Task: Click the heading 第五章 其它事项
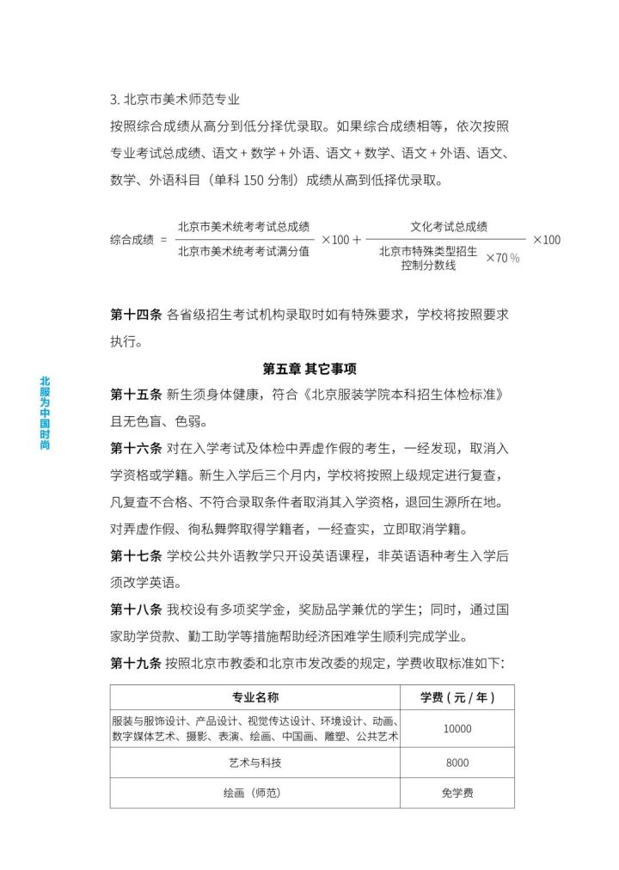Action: [309, 368]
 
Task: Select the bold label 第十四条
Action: [136, 315]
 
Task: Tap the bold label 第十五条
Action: [136, 395]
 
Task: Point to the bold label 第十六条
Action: [136, 448]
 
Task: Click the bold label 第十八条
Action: [136, 610]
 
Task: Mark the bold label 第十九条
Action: [136, 663]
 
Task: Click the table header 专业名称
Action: [256, 696]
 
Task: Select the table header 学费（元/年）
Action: [457, 696]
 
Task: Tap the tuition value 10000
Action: [457, 729]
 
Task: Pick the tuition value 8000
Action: [457, 763]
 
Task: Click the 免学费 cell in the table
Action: [457, 793]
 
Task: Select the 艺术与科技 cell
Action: [256, 763]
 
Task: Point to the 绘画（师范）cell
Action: [256, 793]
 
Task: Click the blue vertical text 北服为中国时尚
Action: [46, 414]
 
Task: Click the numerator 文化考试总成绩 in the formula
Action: [449, 227]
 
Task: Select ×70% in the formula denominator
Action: [502, 258]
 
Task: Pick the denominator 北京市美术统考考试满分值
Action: [244, 252]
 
